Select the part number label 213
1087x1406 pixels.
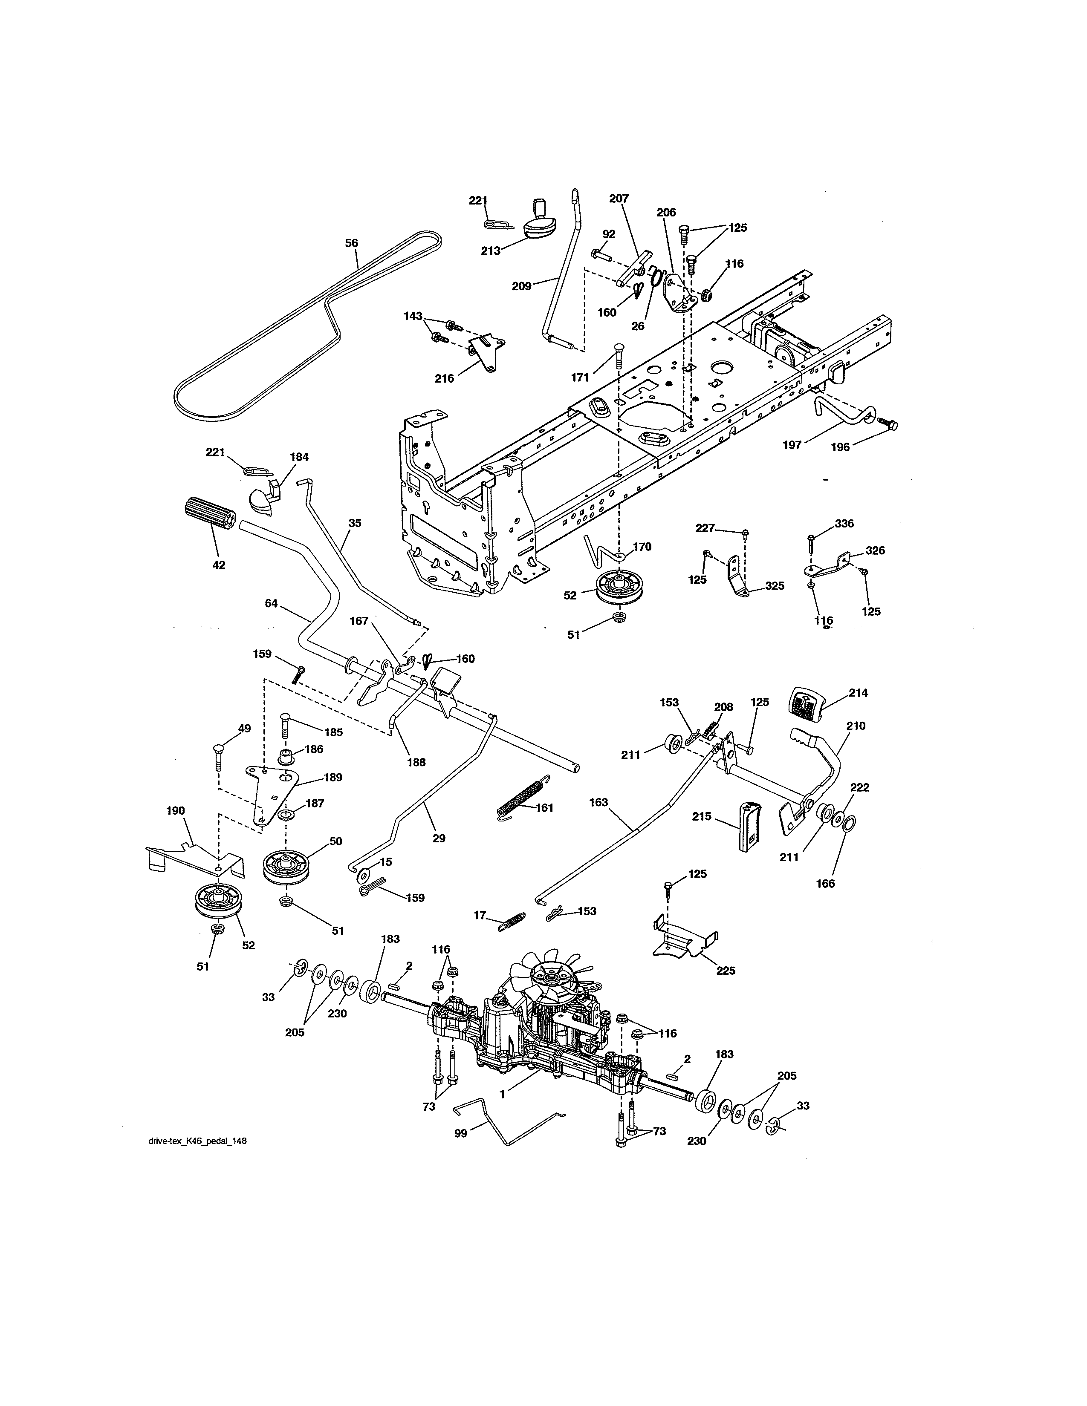point(491,251)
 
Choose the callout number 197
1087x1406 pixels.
point(792,444)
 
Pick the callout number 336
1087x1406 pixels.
point(844,523)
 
